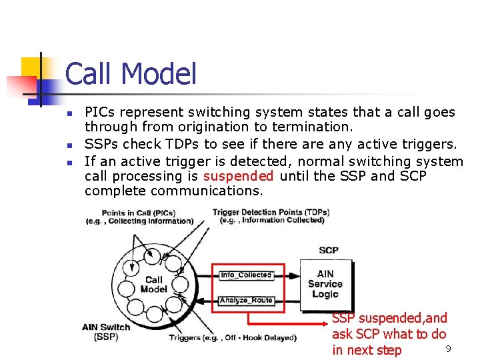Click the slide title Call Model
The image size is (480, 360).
[x=131, y=74]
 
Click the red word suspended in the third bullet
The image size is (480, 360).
[x=238, y=176]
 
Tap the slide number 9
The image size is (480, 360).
[x=448, y=349]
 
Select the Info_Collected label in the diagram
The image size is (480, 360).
[x=245, y=275]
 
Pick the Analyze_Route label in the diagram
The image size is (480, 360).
[x=245, y=301]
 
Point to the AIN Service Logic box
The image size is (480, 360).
[x=325, y=284]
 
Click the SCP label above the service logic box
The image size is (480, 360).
[x=328, y=250]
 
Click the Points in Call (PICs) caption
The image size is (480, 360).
[x=137, y=217]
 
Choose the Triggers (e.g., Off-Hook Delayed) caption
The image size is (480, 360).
[x=232, y=337]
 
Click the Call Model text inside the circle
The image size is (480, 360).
[x=153, y=285]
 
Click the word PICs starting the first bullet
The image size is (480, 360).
[x=101, y=112]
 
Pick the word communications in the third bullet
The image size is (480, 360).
[x=207, y=191]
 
